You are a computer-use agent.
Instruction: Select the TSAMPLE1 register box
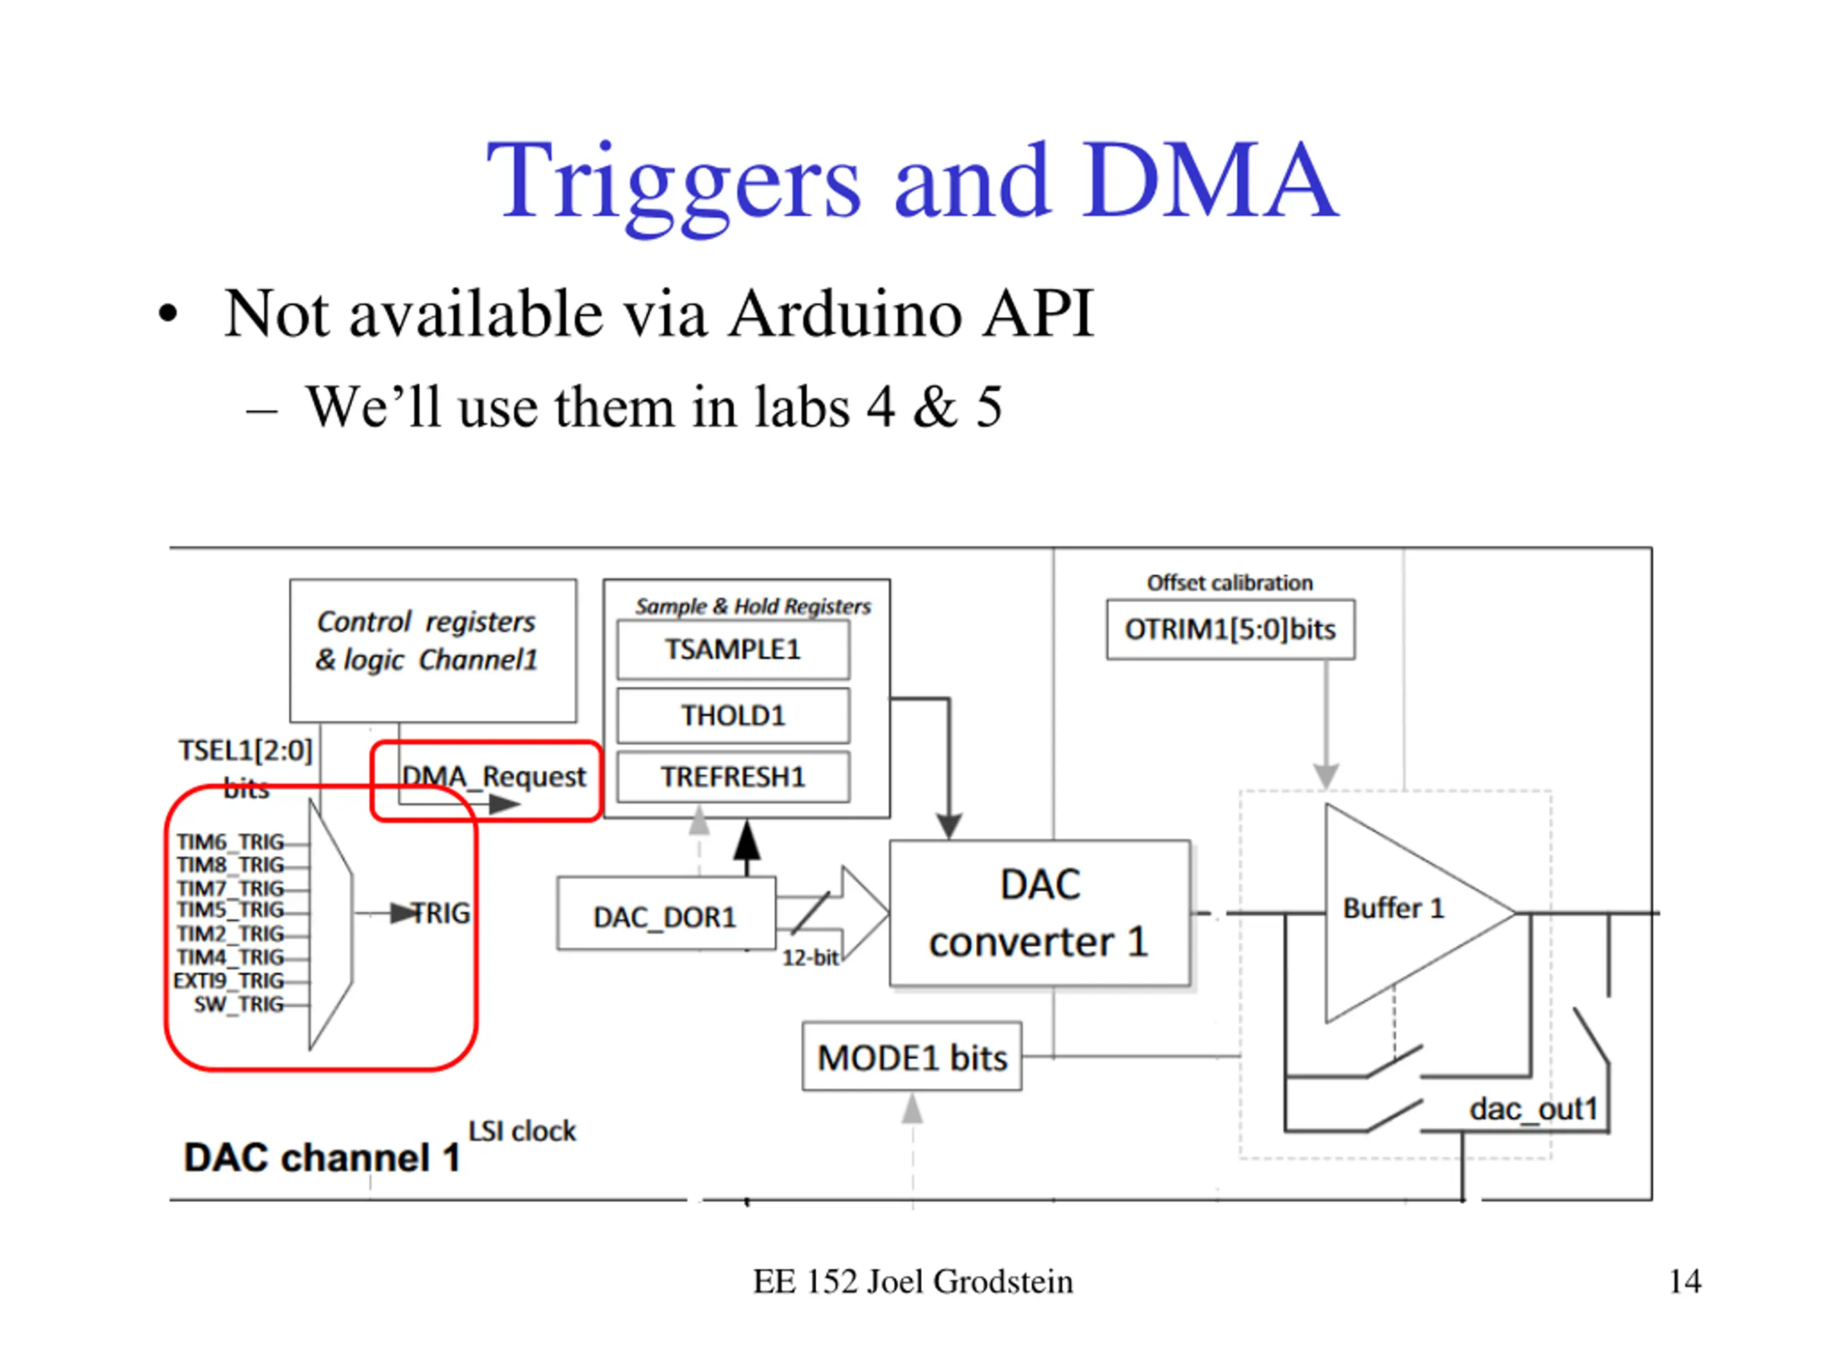click(733, 650)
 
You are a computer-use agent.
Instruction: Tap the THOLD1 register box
click(733, 715)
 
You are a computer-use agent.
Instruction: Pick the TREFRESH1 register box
click(733, 777)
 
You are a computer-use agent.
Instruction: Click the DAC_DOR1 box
click(666, 914)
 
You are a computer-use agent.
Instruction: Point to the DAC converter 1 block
click(1040, 913)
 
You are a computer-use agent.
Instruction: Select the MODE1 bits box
click(912, 1057)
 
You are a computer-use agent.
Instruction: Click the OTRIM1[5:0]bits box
click(1230, 630)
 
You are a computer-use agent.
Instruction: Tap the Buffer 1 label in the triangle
click(1393, 908)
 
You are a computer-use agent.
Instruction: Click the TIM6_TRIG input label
click(230, 842)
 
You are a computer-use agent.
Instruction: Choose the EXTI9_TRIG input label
click(229, 981)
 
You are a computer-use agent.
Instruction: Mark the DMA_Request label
click(493, 777)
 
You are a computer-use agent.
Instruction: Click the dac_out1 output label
click(1533, 1109)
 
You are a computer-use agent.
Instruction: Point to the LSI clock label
click(521, 1130)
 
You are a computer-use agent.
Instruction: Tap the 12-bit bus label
click(810, 958)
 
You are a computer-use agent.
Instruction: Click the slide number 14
click(1685, 1282)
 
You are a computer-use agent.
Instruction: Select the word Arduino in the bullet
click(845, 314)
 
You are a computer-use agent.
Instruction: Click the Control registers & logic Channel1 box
click(433, 651)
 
